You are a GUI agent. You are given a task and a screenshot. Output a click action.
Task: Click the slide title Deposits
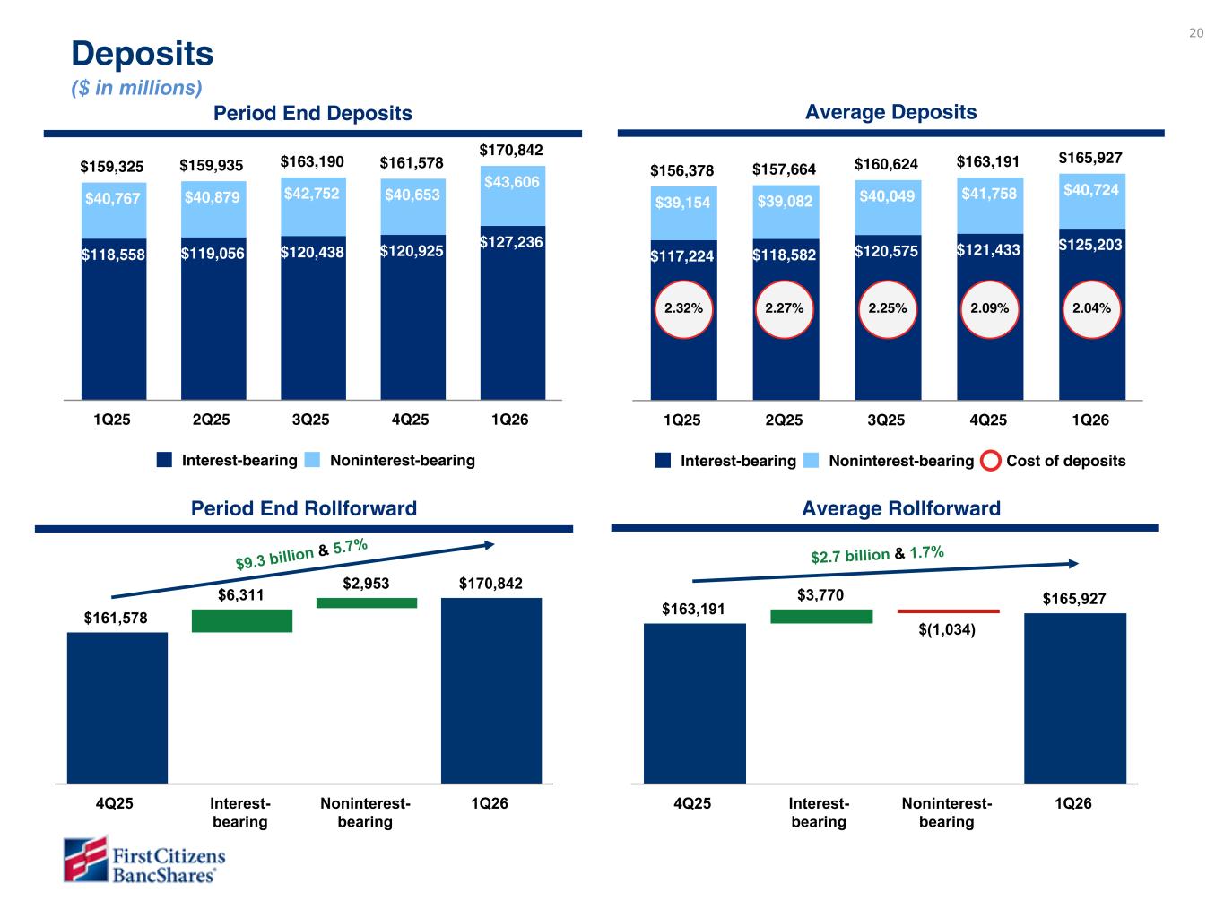[143, 54]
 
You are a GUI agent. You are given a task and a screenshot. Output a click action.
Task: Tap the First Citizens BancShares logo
[144, 860]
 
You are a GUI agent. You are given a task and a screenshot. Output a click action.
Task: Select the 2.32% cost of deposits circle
[683, 308]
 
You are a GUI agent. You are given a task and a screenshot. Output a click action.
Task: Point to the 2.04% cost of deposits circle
[1091, 308]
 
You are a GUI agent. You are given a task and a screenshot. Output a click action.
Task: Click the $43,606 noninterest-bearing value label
[511, 182]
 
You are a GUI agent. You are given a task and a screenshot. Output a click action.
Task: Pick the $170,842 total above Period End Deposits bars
[511, 150]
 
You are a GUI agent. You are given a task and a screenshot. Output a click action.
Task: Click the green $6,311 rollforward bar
[242, 620]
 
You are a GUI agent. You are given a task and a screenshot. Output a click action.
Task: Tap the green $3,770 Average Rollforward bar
[820, 616]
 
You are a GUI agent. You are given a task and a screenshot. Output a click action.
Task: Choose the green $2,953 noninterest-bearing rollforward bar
[366, 602]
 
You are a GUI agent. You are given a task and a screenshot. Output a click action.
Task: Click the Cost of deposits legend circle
[991, 461]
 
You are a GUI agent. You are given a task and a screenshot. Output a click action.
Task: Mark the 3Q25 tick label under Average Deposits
[886, 420]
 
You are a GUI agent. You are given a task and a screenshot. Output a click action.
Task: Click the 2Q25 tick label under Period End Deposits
[212, 419]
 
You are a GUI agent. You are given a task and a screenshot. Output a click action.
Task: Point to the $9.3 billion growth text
[274, 557]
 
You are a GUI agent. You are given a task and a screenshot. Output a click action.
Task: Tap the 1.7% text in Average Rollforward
[926, 552]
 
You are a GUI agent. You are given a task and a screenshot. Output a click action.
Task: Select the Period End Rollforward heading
[304, 508]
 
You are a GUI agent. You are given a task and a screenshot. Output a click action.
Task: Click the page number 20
[1196, 33]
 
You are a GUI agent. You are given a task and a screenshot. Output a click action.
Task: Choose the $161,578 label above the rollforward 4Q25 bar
[116, 618]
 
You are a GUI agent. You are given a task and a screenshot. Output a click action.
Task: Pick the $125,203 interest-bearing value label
[1090, 244]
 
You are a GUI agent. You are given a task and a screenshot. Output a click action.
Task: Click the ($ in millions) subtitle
[136, 88]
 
